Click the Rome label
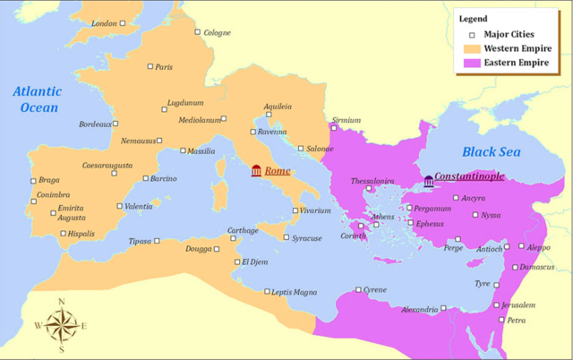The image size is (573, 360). (x=278, y=171)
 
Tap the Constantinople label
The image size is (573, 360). (x=468, y=179)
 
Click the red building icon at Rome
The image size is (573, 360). (x=257, y=171)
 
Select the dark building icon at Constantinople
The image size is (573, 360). (x=429, y=181)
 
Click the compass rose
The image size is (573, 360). (x=60, y=325)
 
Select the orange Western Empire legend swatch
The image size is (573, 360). (x=471, y=47)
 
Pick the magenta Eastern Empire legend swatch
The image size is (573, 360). (x=471, y=64)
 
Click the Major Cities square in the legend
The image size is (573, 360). (x=471, y=32)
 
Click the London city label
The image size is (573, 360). (x=105, y=23)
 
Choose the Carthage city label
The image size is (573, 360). (x=243, y=230)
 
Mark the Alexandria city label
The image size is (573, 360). (x=419, y=310)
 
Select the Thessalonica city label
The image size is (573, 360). (x=372, y=181)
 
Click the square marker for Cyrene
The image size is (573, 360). (x=358, y=289)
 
